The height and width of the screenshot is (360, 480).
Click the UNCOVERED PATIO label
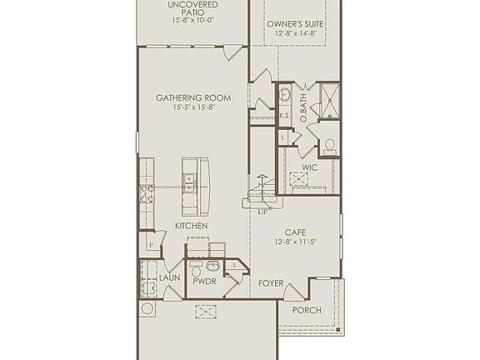(192, 9)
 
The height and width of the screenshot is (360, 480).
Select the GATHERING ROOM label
(193, 97)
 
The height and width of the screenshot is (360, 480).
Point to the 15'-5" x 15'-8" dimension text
(193, 108)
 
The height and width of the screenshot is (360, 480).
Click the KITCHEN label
(191, 226)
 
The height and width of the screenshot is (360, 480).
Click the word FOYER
(271, 283)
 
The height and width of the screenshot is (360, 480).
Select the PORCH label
(306, 310)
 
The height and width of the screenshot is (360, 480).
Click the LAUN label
(169, 277)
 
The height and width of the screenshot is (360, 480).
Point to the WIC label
(310, 167)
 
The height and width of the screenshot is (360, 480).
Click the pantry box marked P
(152, 245)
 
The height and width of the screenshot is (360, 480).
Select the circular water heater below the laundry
(148, 308)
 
